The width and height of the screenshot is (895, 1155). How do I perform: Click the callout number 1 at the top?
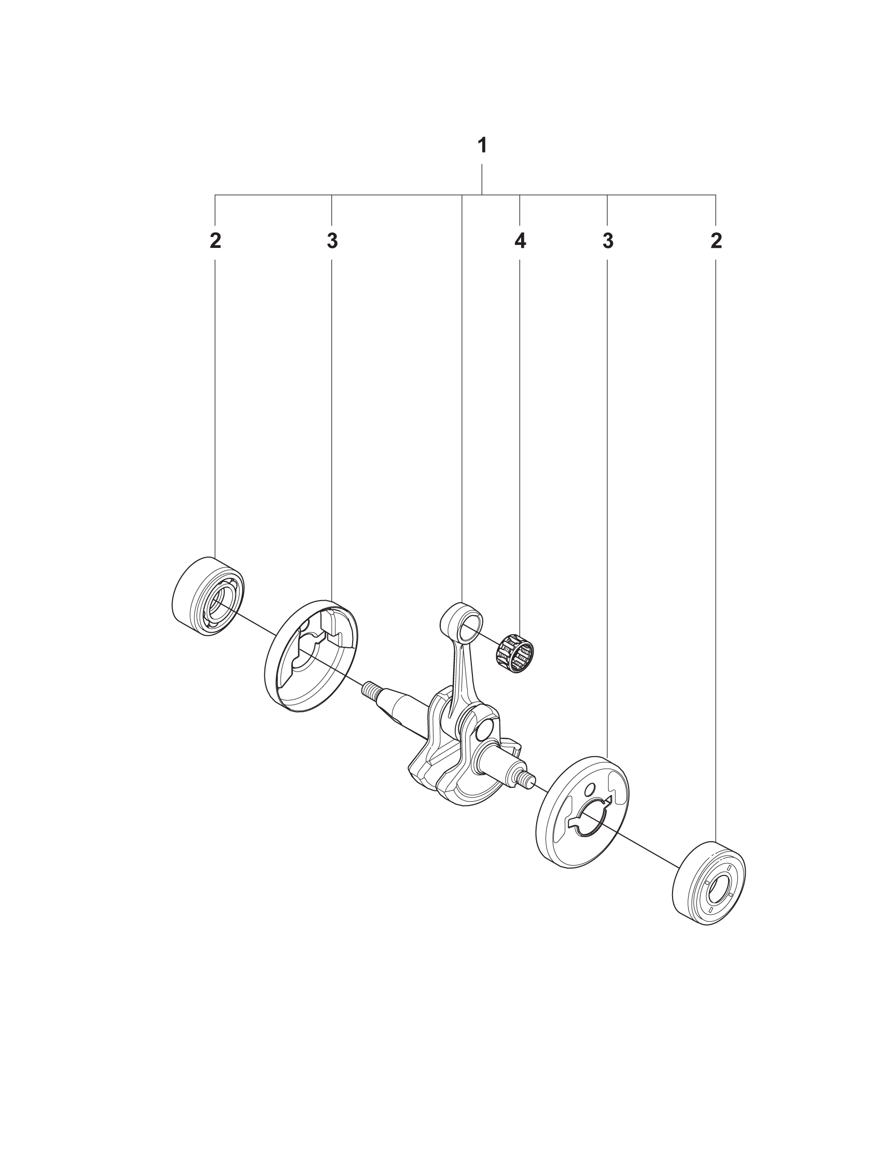click(482, 145)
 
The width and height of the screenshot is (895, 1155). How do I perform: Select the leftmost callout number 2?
click(215, 241)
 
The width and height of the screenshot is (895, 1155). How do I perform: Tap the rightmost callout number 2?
click(716, 241)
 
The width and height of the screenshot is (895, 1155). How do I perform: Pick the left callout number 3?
click(331, 241)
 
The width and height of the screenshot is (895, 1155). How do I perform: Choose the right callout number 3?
click(608, 241)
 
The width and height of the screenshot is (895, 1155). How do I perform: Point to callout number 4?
click(520, 241)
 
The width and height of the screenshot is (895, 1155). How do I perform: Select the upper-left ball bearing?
click(208, 596)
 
